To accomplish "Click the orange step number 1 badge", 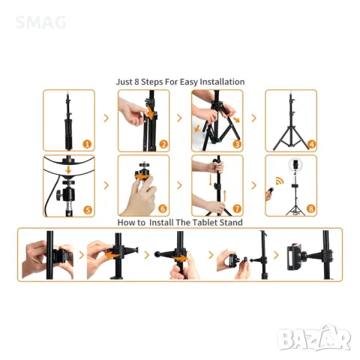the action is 87,144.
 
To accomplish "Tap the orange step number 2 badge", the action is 163,144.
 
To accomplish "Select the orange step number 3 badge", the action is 237,144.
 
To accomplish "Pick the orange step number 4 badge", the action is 311,144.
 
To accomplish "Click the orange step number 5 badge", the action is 88,210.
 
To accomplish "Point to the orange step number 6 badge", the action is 163,208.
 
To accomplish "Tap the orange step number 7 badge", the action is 237,208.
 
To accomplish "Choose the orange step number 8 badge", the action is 311,208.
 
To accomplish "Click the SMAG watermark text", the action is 40,22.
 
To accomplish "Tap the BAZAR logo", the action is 314,338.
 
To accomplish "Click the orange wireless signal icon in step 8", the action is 280,181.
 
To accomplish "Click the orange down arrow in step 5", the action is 68,169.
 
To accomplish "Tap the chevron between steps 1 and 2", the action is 106,118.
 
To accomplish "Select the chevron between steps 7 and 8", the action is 254,185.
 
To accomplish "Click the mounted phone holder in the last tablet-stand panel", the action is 294,257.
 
